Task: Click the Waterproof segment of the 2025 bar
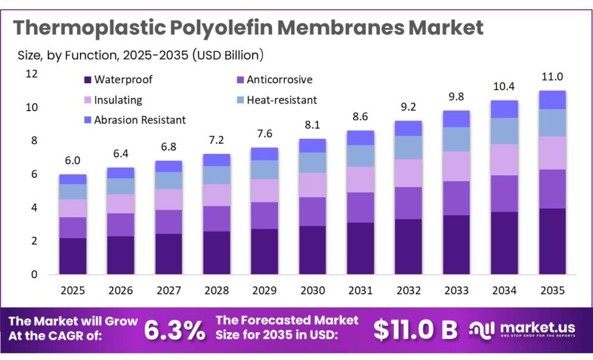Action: pos(72,256)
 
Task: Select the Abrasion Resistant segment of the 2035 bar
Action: pos(552,100)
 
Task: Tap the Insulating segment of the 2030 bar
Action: pos(312,185)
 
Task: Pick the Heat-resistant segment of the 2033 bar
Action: pos(456,139)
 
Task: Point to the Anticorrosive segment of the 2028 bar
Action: pos(217,218)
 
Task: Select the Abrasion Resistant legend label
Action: pos(140,120)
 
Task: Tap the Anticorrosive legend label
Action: pos(279,80)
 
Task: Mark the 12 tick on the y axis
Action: pos(31,74)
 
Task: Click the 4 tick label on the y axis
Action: pos(34,207)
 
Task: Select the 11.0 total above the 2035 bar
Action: pos(552,77)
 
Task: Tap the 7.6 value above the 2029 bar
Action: pos(264,134)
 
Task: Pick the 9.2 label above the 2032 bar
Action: pos(408,107)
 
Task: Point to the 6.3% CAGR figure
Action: pos(174,329)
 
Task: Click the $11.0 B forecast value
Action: pos(415,329)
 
